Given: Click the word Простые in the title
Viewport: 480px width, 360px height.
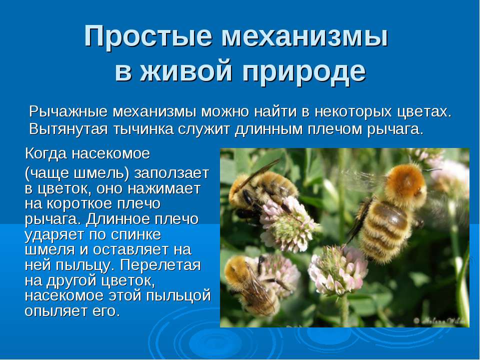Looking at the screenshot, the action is pos(148,36).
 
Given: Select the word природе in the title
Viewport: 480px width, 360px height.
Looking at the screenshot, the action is pos(304,72).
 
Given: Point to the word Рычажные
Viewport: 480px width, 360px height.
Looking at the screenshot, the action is pos(68,111).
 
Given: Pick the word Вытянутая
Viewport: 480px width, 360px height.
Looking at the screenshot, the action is pos(68,129).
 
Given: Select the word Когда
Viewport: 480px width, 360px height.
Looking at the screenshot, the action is pos(46,153).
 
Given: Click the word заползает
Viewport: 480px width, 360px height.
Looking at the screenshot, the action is pos(171,173).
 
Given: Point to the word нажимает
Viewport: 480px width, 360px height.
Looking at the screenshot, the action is pos(164,189).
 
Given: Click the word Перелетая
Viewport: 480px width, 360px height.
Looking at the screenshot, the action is pos(160,265).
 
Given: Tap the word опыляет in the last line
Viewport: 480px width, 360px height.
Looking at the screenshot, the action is pos(55,311).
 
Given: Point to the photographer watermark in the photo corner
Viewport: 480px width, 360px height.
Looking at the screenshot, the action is pos(440,321).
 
